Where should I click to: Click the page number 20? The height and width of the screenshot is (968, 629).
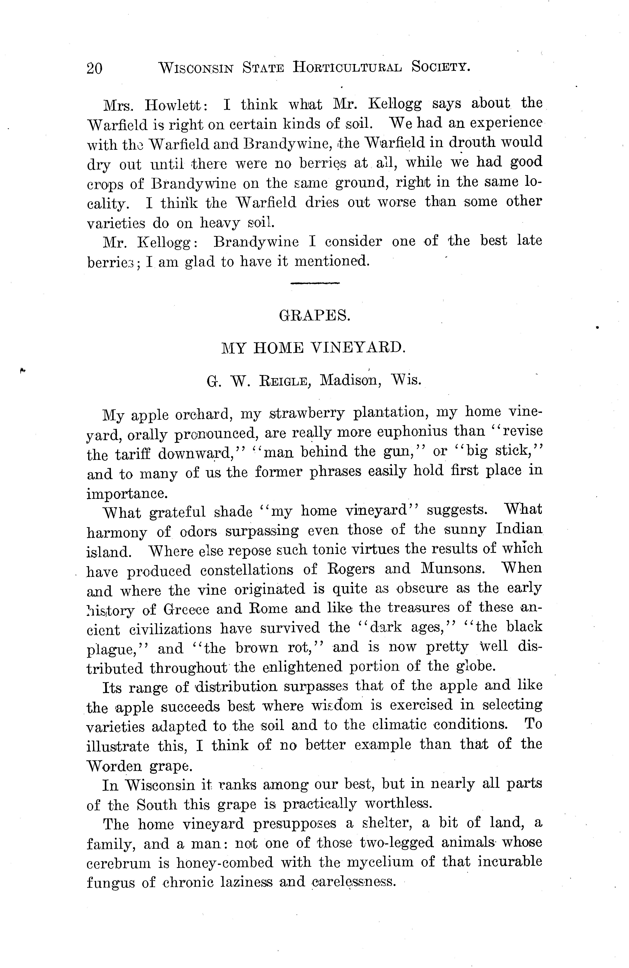94,68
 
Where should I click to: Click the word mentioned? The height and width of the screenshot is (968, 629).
332,261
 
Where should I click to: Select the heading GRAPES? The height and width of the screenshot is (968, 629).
314,316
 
